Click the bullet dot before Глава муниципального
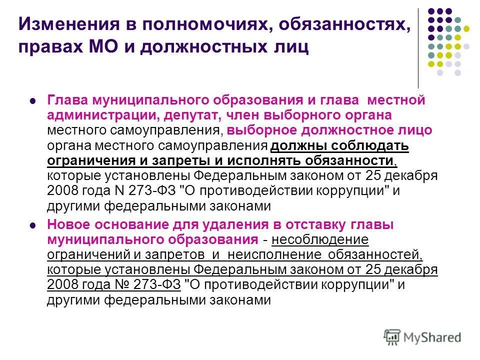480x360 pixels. [32, 100]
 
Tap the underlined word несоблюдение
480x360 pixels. [320, 239]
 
